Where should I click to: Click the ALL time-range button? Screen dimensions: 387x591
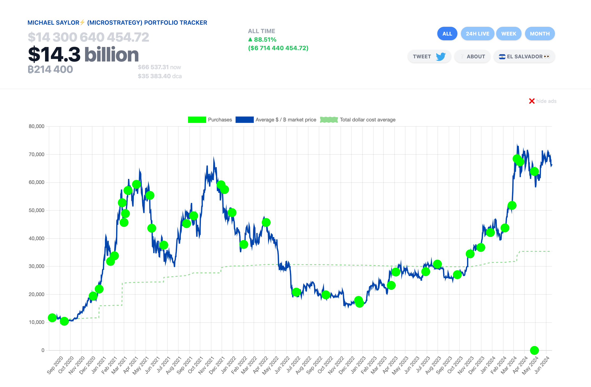coord(447,34)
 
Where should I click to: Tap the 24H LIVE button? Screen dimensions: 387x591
coord(477,34)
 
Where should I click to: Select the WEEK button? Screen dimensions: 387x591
coord(509,34)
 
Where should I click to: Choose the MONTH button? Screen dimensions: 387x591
coord(540,34)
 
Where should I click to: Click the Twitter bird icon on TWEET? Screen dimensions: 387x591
coord(440,56)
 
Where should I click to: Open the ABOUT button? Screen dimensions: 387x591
coord(473,56)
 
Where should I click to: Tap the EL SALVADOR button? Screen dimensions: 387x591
coord(524,56)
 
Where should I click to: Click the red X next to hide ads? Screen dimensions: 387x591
coord(532,101)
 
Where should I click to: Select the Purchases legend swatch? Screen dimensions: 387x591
coord(197,120)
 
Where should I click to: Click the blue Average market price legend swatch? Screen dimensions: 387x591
coord(244,120)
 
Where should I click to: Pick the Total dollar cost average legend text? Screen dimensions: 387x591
coord(367,120)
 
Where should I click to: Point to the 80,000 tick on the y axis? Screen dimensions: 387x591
coord(37,126)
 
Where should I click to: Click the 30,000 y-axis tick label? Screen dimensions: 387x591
coord(37,266)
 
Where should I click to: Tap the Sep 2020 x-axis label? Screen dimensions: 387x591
coord(55,365)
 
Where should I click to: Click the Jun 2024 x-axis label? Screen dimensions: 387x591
coord(542,365)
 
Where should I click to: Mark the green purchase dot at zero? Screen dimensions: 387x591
coord(534,350)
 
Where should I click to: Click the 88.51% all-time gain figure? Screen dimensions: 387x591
coord(265,40)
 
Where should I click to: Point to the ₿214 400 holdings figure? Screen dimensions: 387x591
coord(50,69)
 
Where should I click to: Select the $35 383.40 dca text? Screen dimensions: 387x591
coord(160,76)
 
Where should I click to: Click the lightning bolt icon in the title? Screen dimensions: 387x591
coord(82,22)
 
